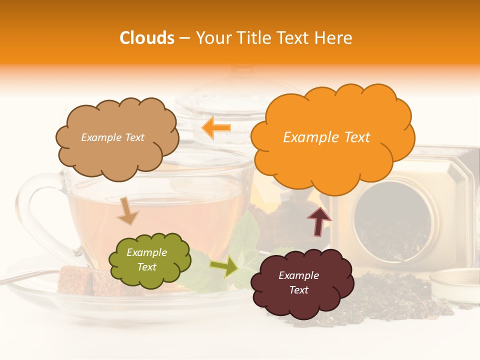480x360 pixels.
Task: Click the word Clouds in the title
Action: tap(147, 38)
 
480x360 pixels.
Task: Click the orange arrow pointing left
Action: tap(216, 128)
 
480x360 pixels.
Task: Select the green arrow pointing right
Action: tap(223, 267)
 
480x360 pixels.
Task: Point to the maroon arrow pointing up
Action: tap(318, 220)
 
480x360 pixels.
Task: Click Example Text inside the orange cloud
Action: tap(326, 137)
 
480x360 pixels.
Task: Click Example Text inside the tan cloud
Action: tap(112, 137)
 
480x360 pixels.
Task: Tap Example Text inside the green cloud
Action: tap(146, 260)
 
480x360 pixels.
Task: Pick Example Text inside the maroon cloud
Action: tap(298, 282)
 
